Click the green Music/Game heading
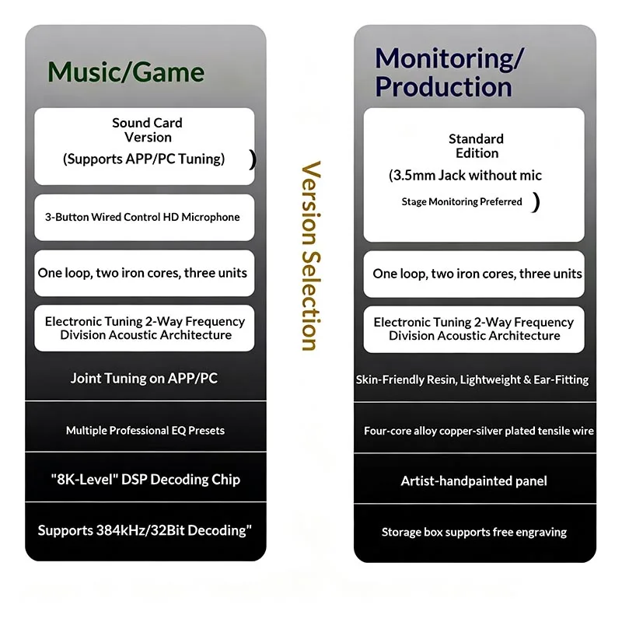coord(126,72)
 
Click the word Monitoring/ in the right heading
coord(450,59)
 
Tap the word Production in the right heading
coord(443,86)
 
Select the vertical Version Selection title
coord(311,256)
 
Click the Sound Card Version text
coord(147,130)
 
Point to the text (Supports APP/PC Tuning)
coord(144,159)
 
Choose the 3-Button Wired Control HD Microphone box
coord(144,218)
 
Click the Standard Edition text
coord(477,146)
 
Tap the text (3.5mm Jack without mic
coord(465,176)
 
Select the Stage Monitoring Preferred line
coord(462,202)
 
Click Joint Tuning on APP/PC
coord(144,379)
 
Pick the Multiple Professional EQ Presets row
coord(145,431)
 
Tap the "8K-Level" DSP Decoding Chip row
coord(145,480)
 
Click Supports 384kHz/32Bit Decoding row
coord(145,530)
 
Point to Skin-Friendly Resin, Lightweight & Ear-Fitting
coord(472,380)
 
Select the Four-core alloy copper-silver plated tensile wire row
coord(479,432)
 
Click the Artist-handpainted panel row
coord(474,481)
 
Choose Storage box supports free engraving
coord(474,533)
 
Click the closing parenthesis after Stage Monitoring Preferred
coord(536,202)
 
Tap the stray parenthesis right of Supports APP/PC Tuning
coord(252,159)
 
